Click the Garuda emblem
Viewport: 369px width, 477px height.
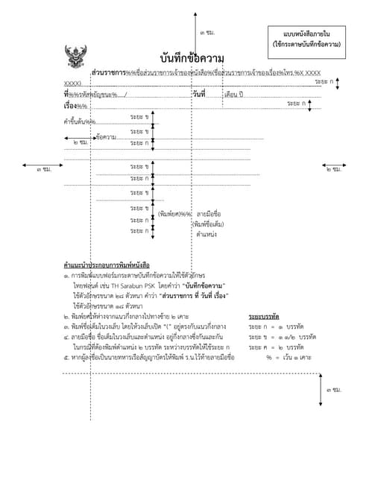click(75, 57)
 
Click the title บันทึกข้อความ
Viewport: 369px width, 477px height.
click(192, 58)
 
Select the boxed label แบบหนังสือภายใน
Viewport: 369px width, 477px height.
click(306, 34)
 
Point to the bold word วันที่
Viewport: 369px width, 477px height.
click(198, 95)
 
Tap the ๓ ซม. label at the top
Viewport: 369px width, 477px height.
click(207, 33)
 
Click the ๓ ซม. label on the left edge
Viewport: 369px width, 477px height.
click(44, 169)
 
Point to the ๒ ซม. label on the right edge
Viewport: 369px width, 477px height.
click(333, 169)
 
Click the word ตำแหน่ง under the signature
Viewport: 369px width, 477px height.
click(206, 234)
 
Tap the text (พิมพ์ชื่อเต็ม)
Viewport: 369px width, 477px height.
click(207, 224)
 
